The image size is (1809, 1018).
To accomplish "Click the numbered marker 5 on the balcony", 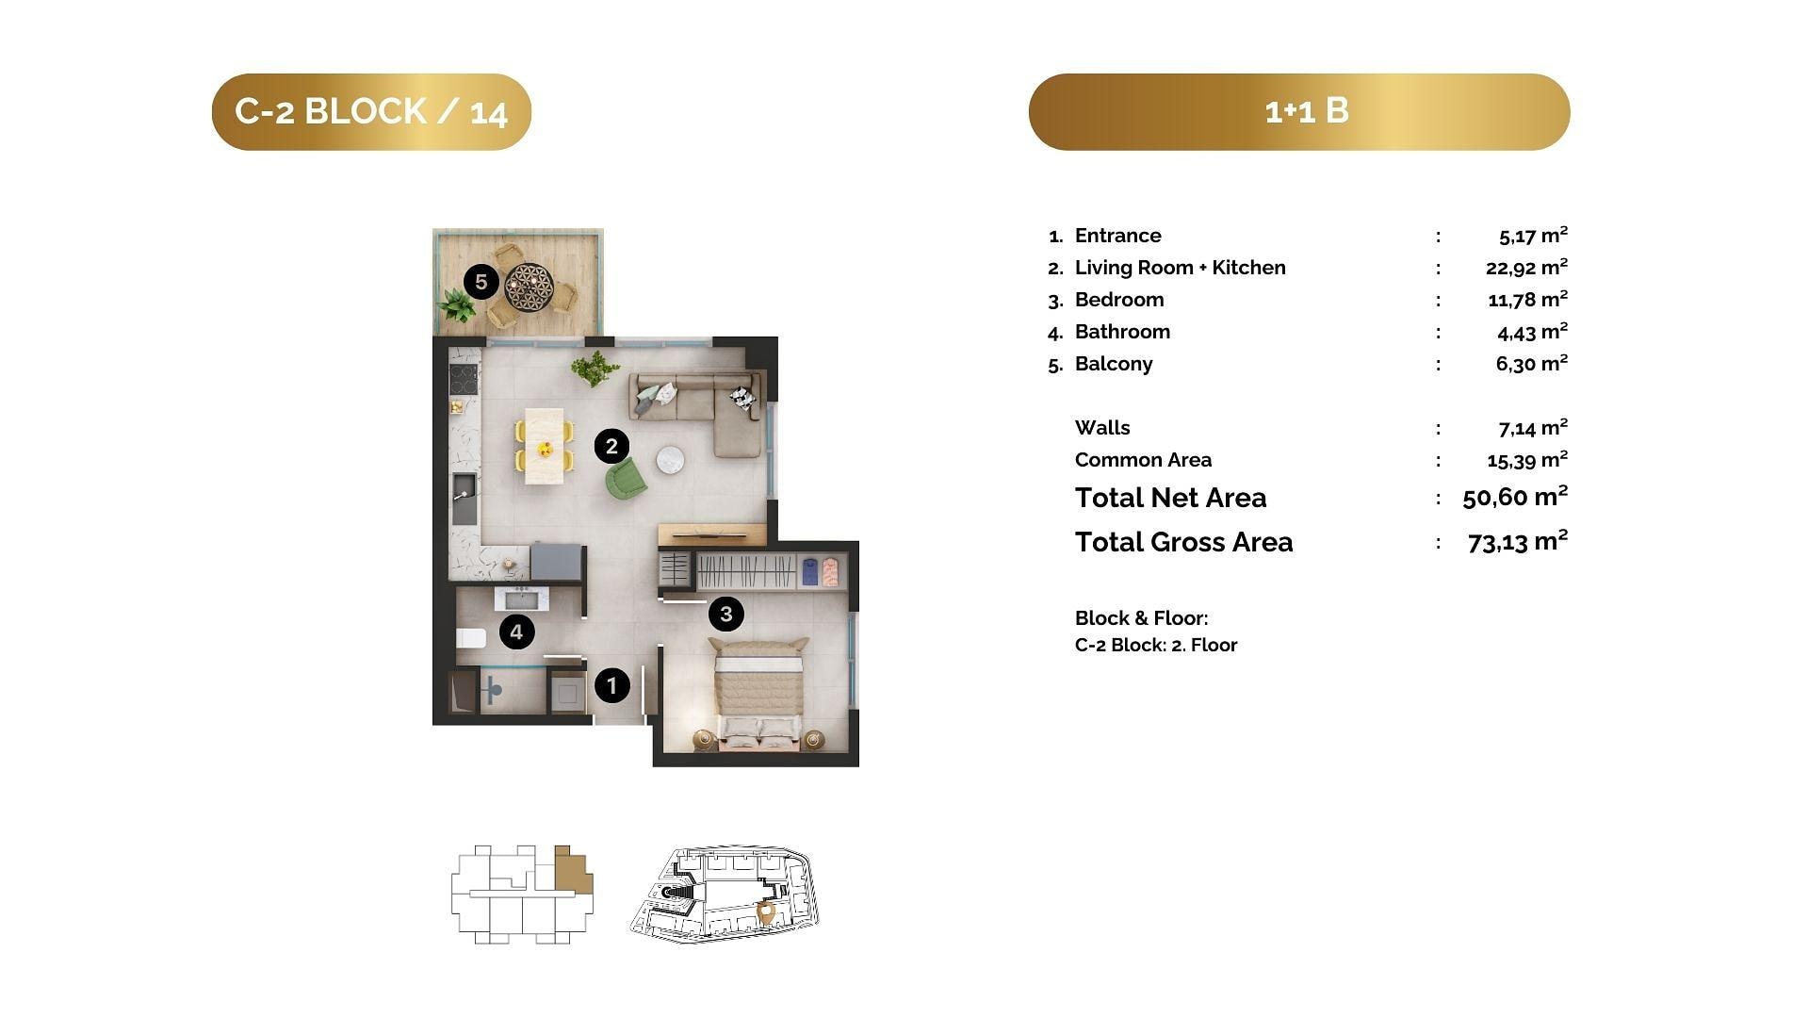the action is (481, 281).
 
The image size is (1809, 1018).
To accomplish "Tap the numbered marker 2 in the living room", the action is (611, 446).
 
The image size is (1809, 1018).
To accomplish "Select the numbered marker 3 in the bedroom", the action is (725, 615).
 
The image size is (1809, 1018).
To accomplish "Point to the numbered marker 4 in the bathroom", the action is (516, 632).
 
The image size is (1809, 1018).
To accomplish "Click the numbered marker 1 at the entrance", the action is (611, 685).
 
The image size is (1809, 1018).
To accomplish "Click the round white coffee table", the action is (670, 459).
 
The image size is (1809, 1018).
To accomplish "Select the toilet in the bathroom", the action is (470, 638).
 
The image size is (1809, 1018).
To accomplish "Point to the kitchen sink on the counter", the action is (464, 498).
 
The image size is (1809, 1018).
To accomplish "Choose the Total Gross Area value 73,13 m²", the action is (1518, 541).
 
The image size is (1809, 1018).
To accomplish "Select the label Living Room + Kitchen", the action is (1180, 268).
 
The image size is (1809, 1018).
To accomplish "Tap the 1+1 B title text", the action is (1307, 111).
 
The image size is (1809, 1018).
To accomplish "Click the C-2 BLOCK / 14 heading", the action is (371, 111).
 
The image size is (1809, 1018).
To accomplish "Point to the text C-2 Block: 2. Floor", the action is (1156, 645).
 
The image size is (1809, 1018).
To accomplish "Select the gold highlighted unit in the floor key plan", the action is (572, 868).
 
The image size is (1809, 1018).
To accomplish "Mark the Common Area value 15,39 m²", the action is (1527, 460).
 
